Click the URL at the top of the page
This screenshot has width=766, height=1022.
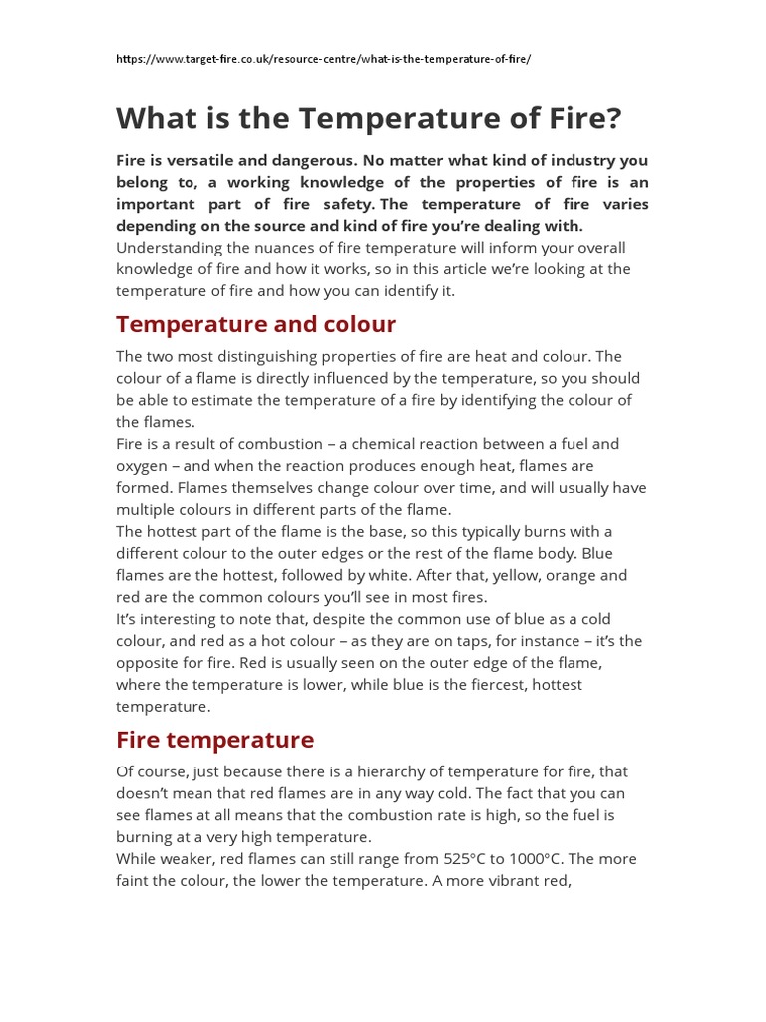(323, 59)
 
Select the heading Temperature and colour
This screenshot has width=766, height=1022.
(255, 324)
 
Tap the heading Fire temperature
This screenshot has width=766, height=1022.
(214, 740)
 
